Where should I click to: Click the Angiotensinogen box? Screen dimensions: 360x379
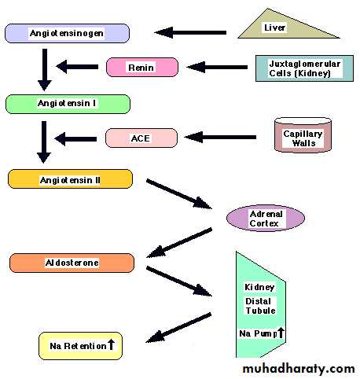coord(67,33)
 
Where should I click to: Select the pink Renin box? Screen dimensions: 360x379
coord(142,68)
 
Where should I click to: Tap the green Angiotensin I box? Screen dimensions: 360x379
coord(68,104)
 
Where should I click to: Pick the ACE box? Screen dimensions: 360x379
coord(141,138)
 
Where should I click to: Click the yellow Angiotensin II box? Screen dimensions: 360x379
coord(70,179)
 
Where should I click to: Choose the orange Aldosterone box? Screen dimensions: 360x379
coord(72,263)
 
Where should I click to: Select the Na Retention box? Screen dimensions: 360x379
coord(80,346)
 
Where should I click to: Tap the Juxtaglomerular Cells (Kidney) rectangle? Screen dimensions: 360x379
coord(304,68)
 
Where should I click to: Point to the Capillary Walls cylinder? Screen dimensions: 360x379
coord(303,135)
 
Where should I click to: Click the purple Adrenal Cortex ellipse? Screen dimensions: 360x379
coord(266,218)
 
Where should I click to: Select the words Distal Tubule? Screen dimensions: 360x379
coord(260,306)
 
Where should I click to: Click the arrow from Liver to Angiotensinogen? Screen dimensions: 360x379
coord(190,32)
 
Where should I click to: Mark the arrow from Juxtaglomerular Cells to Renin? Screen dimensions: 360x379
coord(217,67)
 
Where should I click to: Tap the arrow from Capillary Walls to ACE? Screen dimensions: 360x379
coord(220,137)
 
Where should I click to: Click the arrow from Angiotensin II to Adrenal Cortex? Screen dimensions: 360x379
coord(179,194)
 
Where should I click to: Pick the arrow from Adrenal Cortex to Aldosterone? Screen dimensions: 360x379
coord(179,243)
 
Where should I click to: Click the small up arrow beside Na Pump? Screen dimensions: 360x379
coord(281,332)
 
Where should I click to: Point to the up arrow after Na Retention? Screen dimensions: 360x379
coord(111,344)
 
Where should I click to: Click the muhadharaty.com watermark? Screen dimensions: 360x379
coord(299,369)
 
